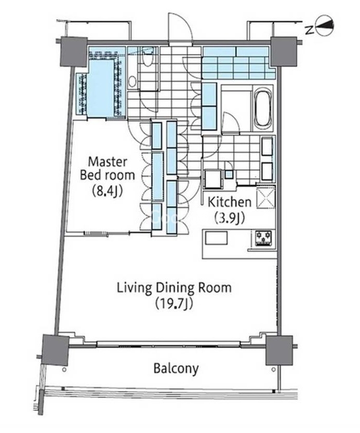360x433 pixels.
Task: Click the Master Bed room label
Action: coord(108,168)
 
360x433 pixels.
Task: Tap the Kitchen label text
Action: coord(230,202)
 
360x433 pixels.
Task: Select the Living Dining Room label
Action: coord(174,288)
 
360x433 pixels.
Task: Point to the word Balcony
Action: coord(176,369)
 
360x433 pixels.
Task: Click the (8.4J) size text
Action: coord(107,191)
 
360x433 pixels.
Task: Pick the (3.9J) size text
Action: coord(230,218)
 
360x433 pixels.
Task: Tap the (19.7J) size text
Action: coord(174,304)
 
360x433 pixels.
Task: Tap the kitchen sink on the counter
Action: coord(216,238)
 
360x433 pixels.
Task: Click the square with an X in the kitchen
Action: coord(266,197)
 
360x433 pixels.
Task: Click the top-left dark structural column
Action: coord(73,51)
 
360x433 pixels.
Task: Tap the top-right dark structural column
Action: coord(284,51)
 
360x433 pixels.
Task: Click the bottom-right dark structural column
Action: coord(279,350)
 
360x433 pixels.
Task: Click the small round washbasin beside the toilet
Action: coord(133,81)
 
